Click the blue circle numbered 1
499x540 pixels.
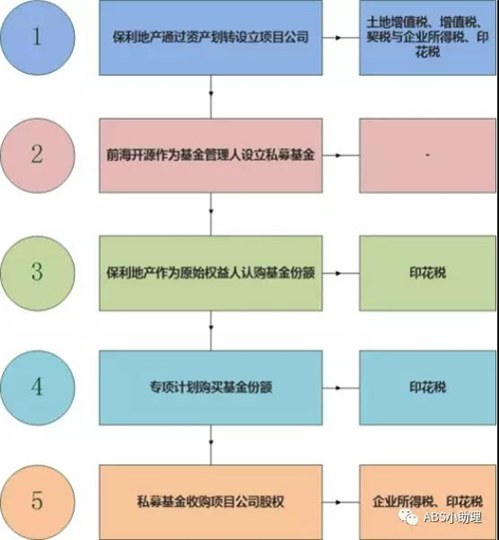pos(38,37)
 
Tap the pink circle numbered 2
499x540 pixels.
pos(38,155)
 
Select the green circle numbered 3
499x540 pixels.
pos(38,273)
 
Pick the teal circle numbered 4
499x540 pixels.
pos(38,387)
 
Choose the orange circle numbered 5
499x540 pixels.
pos(38,502)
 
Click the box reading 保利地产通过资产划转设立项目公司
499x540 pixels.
pos(211,37)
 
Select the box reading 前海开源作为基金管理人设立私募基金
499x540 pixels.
pos(211,156)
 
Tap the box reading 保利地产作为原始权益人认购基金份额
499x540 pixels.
pos(211,273)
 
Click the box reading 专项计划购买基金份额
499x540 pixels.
pos(211,387)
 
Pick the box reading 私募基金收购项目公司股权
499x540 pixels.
pos(211,502)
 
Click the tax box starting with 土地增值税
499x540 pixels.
pos(428,37)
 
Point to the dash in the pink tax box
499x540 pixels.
pos(427,156)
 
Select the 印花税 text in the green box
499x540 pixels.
pos(428,273)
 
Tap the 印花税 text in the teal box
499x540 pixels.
pos(428,387)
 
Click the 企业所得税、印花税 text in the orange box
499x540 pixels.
pos(428,502)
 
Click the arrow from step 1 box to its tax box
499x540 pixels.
pos(341,38)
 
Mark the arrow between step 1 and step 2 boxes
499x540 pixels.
pos(211,97)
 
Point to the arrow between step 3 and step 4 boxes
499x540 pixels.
pos(211,330)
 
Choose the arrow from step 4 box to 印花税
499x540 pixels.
pos(341,387)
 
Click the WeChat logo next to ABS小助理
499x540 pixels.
pos(408,518)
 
